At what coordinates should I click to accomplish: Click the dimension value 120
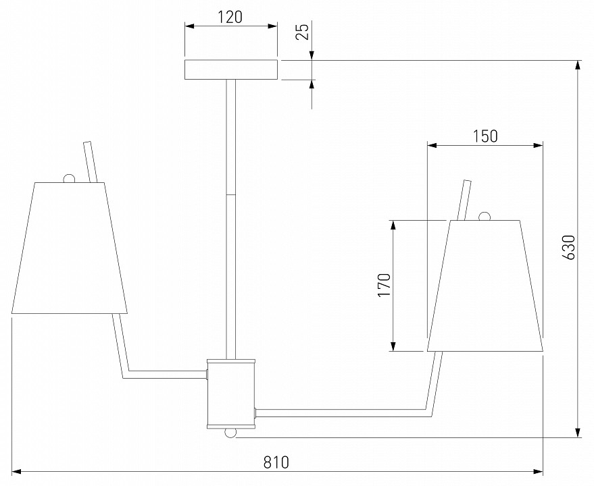point(230,17)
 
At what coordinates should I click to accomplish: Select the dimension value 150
point(485,136)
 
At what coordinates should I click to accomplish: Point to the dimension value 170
point(384,285)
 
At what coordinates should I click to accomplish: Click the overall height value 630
point(569,248)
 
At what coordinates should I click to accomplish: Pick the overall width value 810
point(276,462)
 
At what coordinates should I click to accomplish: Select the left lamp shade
point(70,248)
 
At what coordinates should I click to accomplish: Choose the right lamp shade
point(485,286)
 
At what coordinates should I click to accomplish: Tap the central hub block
point(231,394)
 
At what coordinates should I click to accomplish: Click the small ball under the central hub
point(231,432)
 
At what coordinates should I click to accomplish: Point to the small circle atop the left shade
point(68,178)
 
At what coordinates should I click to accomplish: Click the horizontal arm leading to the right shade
point(341,412)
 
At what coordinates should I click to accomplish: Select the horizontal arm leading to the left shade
point(166,374)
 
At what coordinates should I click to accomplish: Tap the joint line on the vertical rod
point(231,195)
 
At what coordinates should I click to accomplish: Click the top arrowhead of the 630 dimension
point(578,65)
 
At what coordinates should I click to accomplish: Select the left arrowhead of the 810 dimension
point(17,470)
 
